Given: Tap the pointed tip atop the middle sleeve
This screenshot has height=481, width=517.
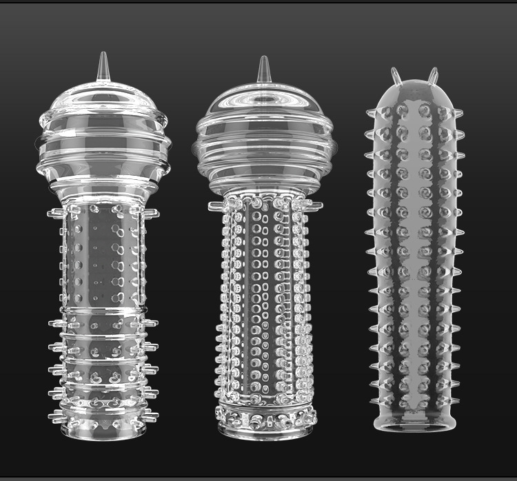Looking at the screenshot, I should coord(263,70).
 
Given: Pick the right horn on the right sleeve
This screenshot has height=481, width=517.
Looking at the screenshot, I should coord(434,75).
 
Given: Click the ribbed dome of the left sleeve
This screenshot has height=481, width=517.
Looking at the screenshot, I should coord(103,134).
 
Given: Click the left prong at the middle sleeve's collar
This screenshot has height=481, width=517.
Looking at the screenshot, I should coord(215,205).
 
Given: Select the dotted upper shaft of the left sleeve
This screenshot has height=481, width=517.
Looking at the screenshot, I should coord(103,255).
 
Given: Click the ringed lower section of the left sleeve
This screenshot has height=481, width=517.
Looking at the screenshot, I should coord(103,358).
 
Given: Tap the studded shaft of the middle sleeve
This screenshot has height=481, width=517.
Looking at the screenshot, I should coord(265,303).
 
